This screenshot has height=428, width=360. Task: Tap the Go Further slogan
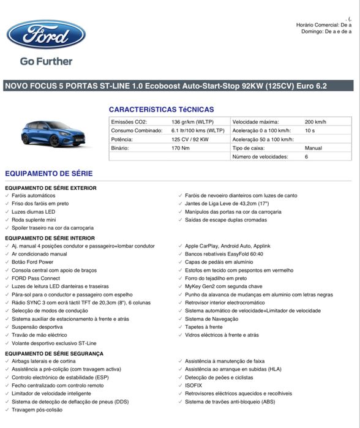(46, 61)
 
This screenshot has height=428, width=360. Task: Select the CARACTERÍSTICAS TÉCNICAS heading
(162, 110)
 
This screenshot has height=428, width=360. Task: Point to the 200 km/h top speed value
(315, 122)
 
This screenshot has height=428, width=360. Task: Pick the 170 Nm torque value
(181, 148)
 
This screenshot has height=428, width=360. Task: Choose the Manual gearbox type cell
(313, 148)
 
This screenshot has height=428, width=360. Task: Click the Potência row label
(122, 139)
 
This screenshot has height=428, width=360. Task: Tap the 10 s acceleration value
(309, 130)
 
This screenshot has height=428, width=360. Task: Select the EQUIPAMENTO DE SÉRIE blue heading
(49, 174)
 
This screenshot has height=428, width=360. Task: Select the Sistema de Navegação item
(211, 318)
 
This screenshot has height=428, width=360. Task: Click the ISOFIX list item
(194, 386)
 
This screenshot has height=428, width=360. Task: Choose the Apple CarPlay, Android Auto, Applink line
(228, 246)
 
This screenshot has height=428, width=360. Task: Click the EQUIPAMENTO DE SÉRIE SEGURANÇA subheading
(54, 354)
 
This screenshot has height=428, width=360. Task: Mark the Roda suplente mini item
(34, 219)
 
